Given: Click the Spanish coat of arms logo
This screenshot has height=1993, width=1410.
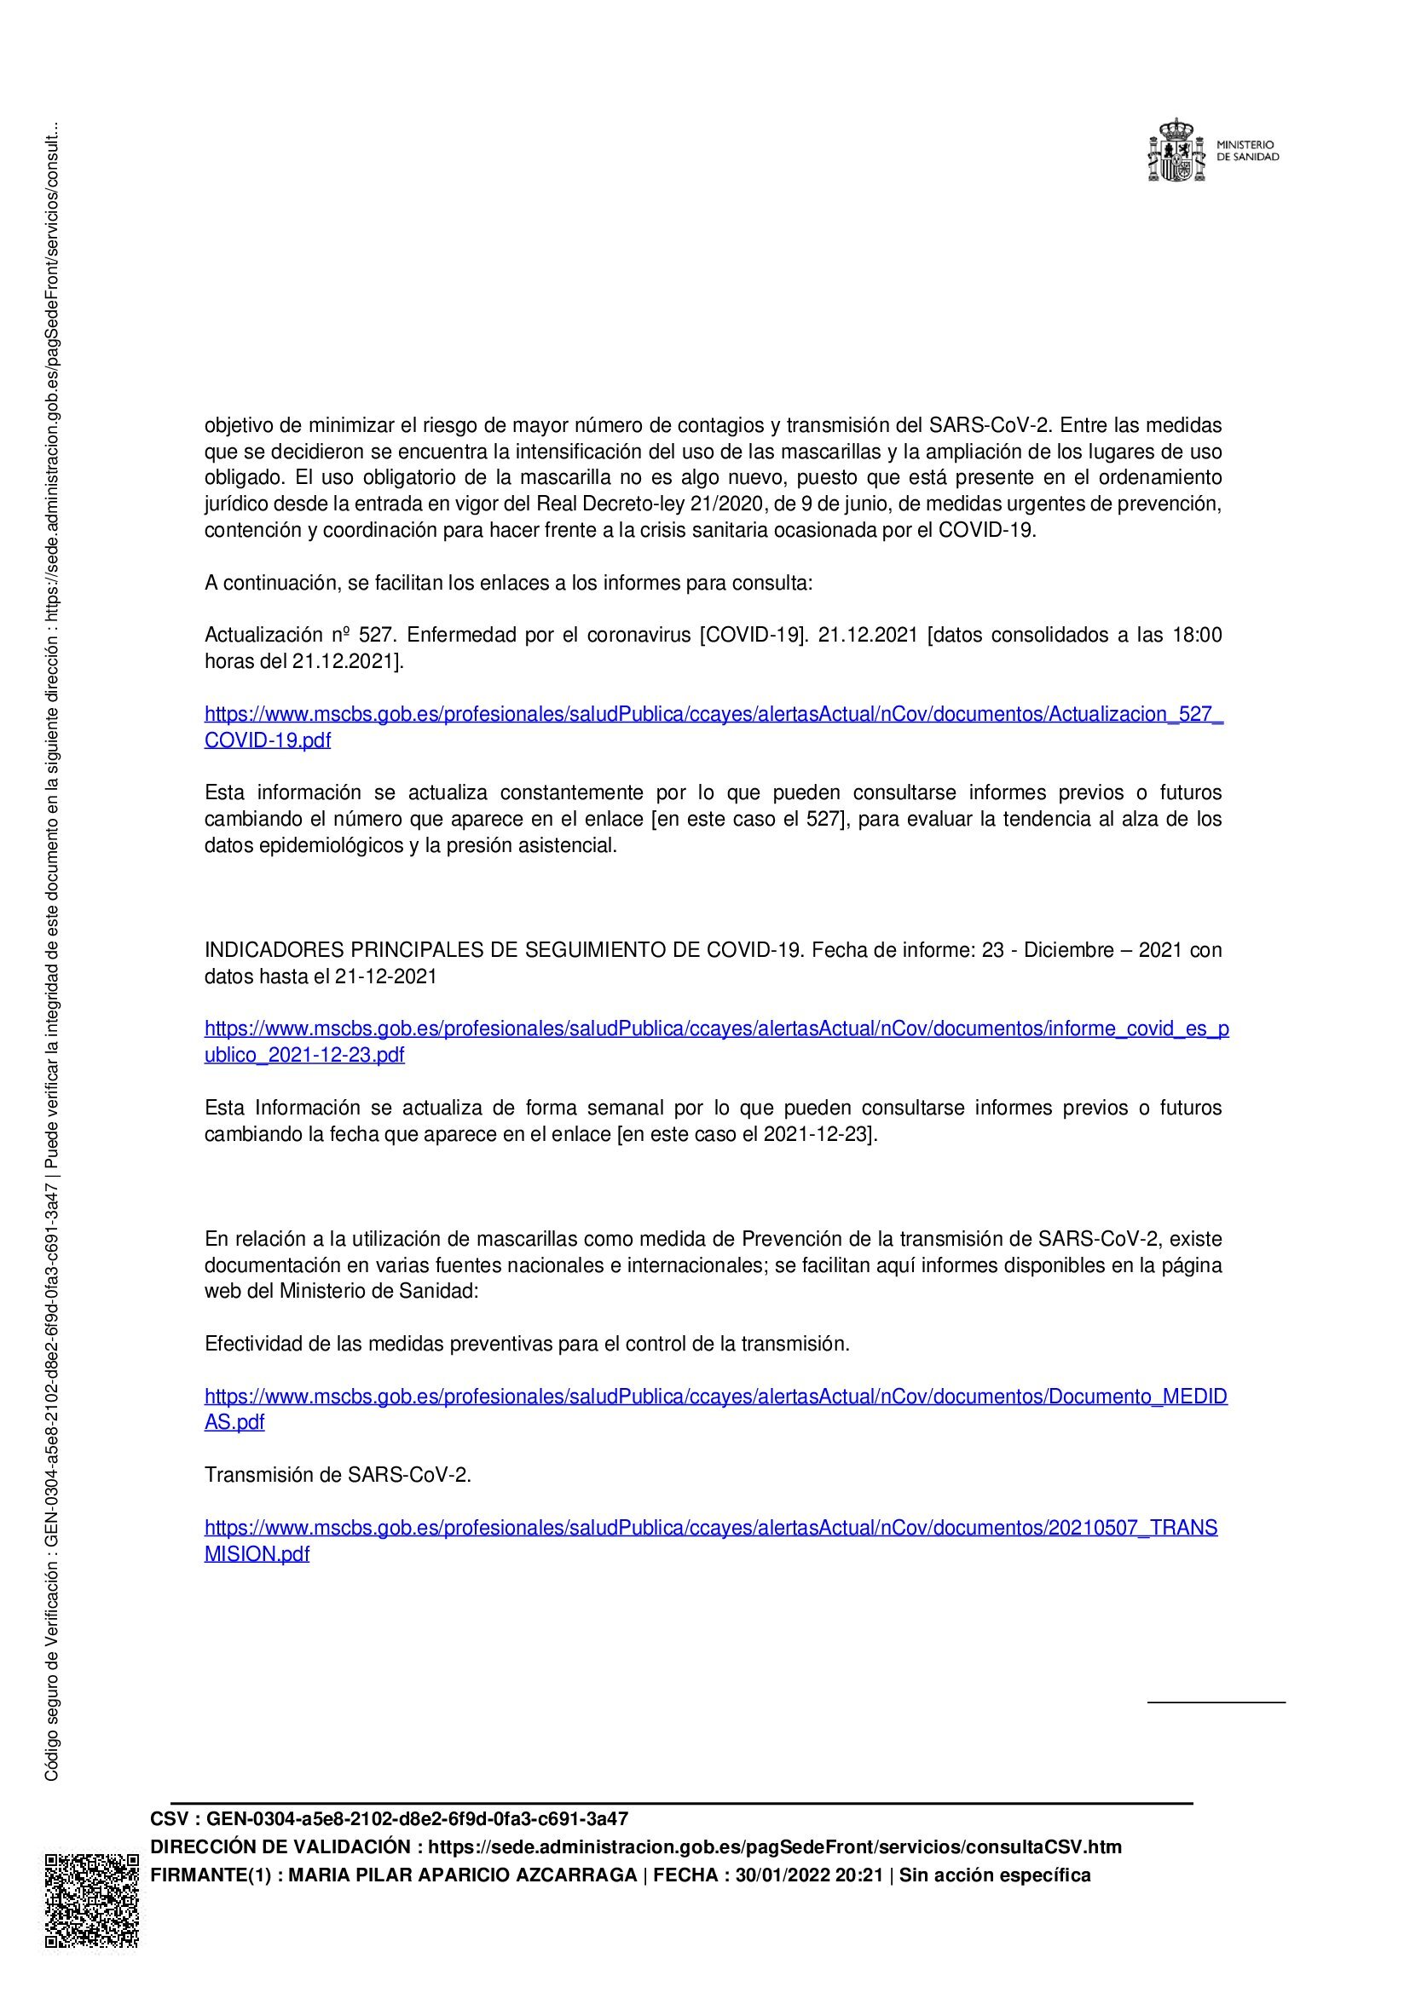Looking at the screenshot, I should tap(1176, 151).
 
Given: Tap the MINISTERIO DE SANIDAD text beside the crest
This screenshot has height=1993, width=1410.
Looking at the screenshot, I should tap(1247, 151).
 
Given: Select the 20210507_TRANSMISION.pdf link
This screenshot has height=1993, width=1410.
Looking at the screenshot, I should tap(710, 1528).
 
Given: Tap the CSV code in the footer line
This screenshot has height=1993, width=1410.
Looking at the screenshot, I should tap(417, 1818).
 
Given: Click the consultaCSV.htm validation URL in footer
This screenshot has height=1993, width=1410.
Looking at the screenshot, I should tap(774, 1846).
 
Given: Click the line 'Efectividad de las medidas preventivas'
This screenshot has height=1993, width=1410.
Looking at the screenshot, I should tap(526, 1344).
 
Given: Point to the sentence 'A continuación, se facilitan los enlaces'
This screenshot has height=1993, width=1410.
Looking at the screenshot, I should tap(508, 584).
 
